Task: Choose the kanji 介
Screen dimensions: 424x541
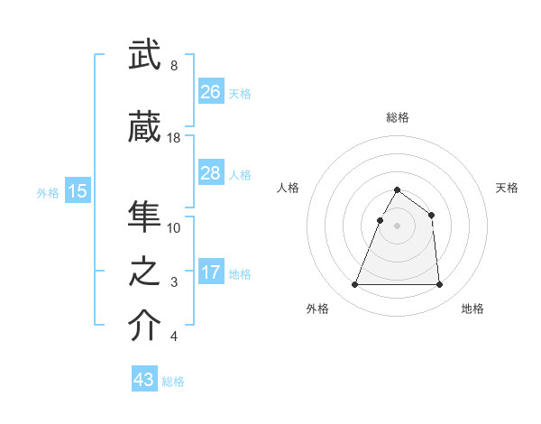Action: coord(144,327)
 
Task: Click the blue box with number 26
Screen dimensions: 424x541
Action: coord(211,92)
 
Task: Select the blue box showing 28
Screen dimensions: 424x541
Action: coord(211,173)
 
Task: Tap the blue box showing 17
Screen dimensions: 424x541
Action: coord(211,273)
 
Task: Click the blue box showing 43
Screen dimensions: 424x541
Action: coord(144,380)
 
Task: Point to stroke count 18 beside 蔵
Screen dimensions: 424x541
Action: coord(174,138)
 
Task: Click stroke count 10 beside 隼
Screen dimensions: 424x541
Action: coord(174,227)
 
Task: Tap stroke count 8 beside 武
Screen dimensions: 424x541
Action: coord(173,66)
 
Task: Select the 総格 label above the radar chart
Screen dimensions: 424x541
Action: coord(398,117)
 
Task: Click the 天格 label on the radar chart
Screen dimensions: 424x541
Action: coord(507,188)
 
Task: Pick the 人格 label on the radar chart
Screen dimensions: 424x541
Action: coord(289,188)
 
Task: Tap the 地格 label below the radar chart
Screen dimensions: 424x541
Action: coord(472,309)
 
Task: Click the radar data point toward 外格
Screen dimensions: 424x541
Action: coord(355,285)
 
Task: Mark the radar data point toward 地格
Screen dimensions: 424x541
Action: coord(440,285)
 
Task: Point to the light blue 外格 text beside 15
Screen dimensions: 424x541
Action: coord(48,192)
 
